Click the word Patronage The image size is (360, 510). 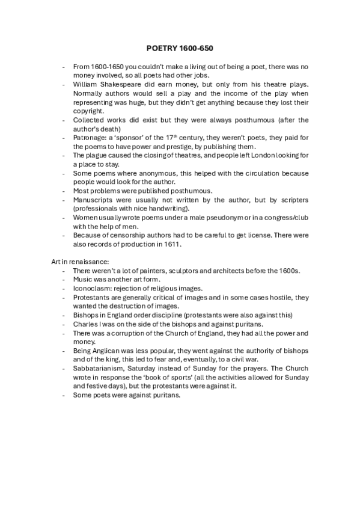click(x=92, y=138)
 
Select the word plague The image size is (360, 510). click(x=97, y=156)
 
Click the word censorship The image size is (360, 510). click(x=132, y=236)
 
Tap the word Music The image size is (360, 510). click(x=84, y=280)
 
